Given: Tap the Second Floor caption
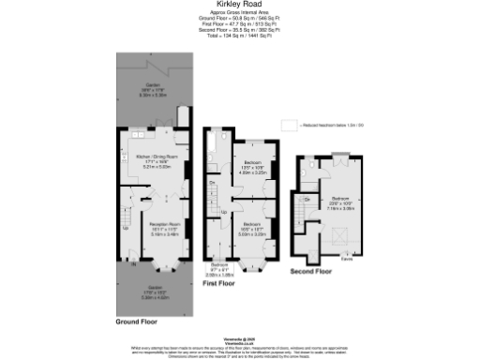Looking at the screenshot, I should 311,271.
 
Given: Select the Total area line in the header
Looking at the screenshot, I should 239,36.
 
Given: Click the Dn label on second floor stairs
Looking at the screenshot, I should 307,200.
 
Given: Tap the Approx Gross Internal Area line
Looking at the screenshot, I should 239,13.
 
